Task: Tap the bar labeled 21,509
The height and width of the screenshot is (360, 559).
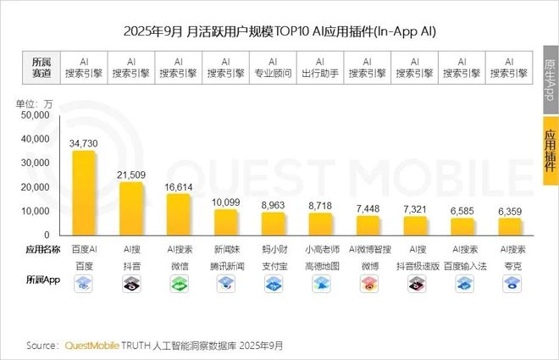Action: point(131,208)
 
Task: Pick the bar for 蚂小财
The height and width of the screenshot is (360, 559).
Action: point(273,224)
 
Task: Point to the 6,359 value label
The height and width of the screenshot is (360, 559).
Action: point(511,210)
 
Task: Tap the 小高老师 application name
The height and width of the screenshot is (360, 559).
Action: point(320,249)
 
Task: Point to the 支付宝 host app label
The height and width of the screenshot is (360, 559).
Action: point(273,266)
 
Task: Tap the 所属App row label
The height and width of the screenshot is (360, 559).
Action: point(41,279)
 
